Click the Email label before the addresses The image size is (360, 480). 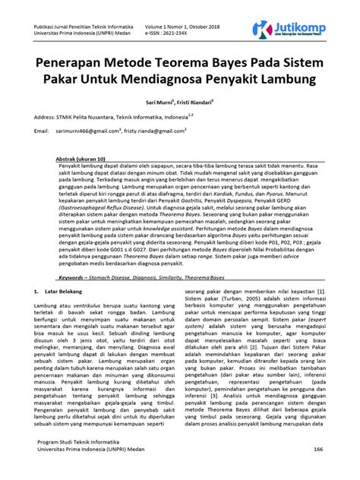click(x=42, y=131)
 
